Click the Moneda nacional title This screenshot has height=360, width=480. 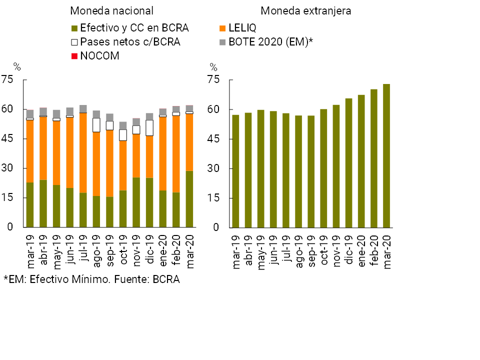(111, 11)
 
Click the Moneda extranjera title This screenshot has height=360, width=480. (306, 11)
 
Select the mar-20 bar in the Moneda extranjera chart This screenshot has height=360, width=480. (386, 155)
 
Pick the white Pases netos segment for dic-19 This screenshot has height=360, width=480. (149, 127)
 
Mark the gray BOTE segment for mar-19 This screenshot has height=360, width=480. (30, 114)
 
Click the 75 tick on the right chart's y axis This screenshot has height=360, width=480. (213, 80)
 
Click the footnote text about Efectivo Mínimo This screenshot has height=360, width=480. (91, 279)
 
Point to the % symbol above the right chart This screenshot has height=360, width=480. (213, 67)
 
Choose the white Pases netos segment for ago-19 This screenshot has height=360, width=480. (96, 125)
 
